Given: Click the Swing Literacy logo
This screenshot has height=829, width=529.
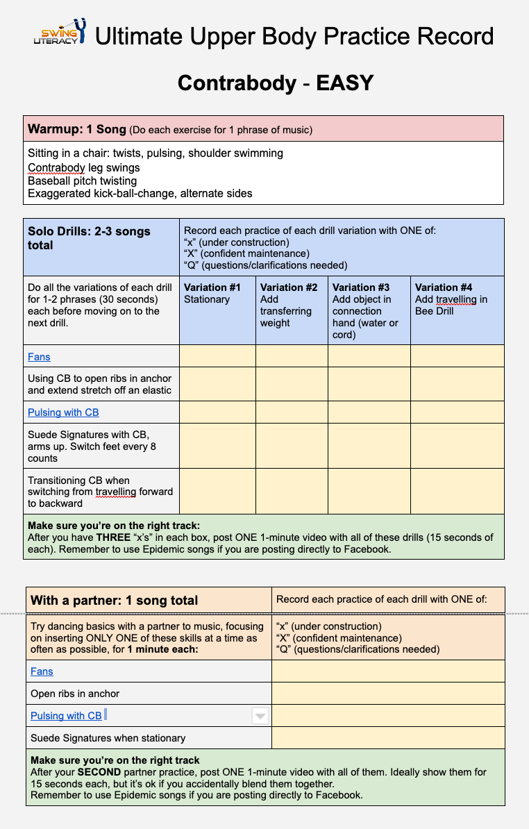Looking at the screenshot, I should (60, 33).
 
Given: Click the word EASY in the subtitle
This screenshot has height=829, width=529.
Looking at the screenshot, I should (345, 83).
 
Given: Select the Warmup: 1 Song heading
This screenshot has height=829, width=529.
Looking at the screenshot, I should (76, 129).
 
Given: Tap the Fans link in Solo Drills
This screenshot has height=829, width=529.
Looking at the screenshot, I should (39, 357).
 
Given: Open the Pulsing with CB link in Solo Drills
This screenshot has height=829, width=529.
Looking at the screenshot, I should (63, 412).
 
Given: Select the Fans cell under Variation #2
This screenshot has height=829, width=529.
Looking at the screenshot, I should (292, 357).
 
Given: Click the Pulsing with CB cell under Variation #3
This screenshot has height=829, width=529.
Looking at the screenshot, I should (369, 412).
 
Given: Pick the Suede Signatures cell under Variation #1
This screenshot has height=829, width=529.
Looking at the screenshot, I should (217, 446).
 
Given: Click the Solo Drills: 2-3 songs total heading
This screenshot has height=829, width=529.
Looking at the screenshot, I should (89, 238).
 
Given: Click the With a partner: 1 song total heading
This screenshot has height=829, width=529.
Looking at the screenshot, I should (115, 601).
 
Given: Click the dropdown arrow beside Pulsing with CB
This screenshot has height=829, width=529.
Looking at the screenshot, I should (260, 716).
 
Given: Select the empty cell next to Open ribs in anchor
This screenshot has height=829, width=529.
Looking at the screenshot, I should (388, 694).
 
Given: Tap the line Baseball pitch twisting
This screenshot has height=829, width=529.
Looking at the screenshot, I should (82, 181).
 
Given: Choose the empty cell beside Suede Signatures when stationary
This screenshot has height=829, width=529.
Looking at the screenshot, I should (388, 738).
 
